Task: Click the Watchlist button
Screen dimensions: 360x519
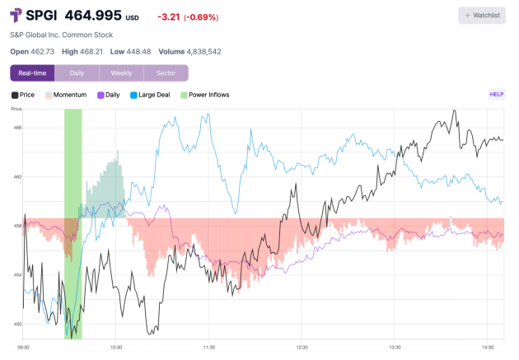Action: [482, 16]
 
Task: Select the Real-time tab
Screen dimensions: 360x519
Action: [32, 73]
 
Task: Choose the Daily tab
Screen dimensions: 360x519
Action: [77, 73]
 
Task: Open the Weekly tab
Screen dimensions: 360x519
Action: [121, 73]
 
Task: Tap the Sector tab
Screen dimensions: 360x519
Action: [166, 73]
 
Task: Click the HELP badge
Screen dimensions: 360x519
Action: [497, 95]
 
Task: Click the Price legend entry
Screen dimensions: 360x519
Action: [23, 95]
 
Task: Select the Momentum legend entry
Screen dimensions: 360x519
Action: [68, 95]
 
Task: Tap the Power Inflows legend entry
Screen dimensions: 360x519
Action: [205, 95]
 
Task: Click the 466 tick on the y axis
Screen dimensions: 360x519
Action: [17, 128]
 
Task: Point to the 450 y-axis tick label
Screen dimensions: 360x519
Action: [17, 324]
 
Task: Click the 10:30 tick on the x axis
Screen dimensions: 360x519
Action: [116, 348]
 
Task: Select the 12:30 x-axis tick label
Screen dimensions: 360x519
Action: [302, 348]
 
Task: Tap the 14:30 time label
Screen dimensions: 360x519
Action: [489, 348]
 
